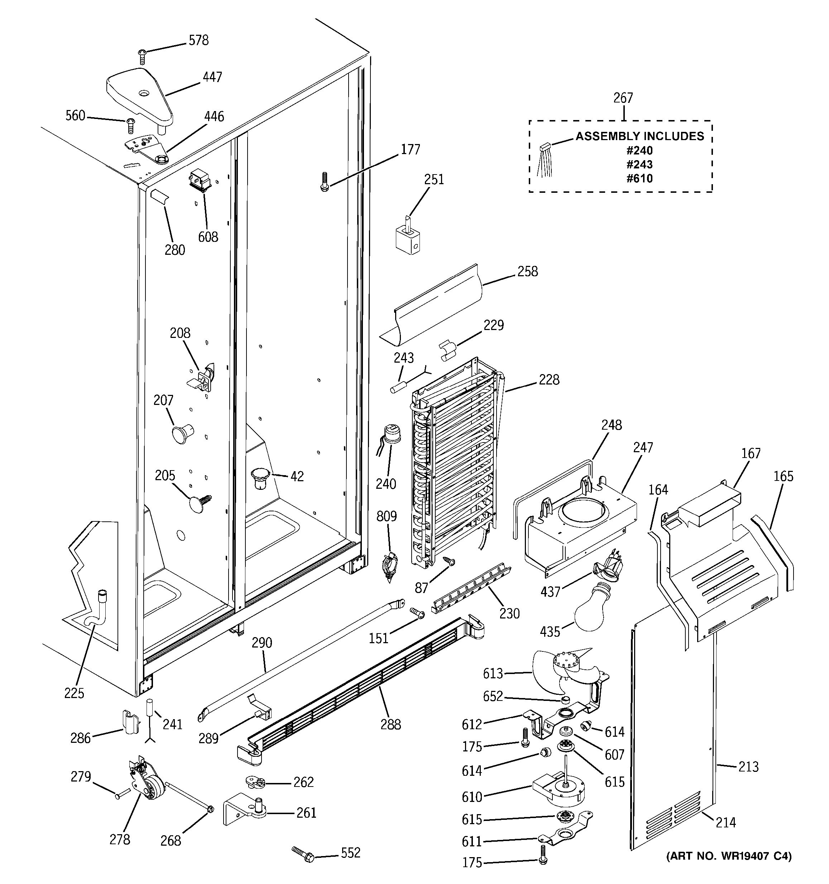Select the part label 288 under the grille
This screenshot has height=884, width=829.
tap(391, 725)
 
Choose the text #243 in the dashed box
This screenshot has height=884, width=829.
tap(639, 164)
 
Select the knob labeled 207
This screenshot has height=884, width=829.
tap(182, 433)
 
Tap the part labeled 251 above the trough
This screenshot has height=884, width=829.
tap(408, 236)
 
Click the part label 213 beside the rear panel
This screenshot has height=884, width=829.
tap(748, 766)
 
